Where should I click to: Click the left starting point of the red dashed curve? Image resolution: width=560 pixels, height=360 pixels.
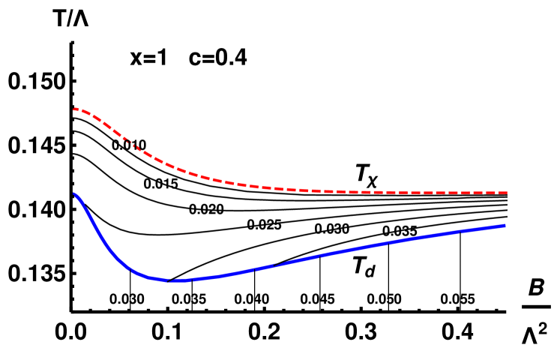(x=74, y=109)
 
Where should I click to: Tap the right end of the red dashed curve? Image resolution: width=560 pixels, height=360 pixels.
(x=507, y=193)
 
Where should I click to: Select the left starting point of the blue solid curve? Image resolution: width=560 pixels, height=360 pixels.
(x=74, y=193)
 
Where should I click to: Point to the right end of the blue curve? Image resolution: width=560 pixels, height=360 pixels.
(x=505, y=225)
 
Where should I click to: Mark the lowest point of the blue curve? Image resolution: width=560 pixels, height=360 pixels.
(x=171, y=281)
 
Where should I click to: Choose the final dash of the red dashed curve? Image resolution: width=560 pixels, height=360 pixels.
(x=501, y=193)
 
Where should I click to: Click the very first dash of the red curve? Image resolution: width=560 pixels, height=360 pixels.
(x=76, y=109)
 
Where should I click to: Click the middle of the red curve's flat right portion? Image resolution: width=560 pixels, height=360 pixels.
(x=405, y=192)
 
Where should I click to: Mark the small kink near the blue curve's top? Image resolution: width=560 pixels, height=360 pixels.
(x=78, y=196)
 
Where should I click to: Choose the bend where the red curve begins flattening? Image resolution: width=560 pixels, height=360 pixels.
(x=180, y=169)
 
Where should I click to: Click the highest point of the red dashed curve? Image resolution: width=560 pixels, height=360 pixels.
(x=76, y=109)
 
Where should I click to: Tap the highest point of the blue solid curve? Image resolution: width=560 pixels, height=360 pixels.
(x=74, y=193)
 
